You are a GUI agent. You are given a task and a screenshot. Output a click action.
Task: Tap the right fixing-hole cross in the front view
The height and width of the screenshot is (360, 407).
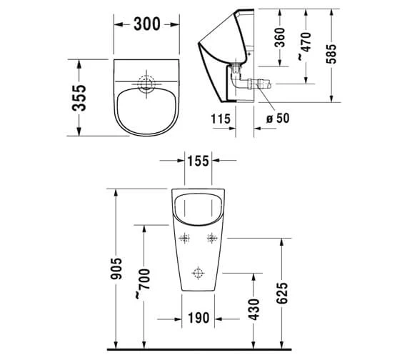tap(211, 239)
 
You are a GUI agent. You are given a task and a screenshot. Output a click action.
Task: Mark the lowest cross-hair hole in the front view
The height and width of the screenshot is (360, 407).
tap(198, 272)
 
